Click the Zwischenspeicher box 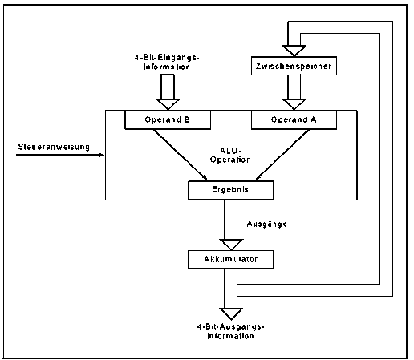[294, 66]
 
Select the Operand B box [168, 119]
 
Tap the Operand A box [294, 119]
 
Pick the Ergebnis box [231, 190]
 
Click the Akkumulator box [231, 259]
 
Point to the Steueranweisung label [54, 147]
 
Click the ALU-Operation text [230, 156]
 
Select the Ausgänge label [267, 224]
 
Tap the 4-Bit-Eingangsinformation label [167, 62]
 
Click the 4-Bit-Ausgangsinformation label [230, 331]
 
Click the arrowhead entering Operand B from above [168, 104]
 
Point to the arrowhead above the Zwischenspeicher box [294, 51]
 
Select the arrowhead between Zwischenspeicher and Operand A [294, 104]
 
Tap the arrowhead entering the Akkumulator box [231, 245]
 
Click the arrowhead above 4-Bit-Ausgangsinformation [231, 313]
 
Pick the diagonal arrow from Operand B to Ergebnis [180, 155]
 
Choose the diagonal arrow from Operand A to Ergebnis [282, 155]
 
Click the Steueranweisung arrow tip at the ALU [103, 155]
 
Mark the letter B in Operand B [187, 119]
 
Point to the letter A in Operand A [314, 119]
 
